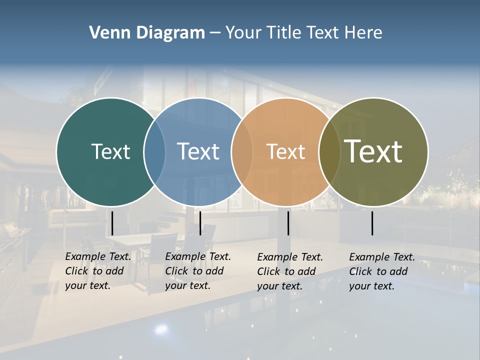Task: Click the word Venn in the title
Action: (x=106, y=33)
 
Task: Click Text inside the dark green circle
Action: (x=110, y=151)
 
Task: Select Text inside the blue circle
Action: (x=198, y=151)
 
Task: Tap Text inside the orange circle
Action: (x=285, y=151)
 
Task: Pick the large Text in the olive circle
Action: (x=373, y=151)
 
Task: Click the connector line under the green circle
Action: (x=112, y=223)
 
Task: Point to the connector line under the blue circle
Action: (x=200, y=223)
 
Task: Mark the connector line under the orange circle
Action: (x=288, y=223)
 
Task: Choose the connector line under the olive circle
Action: (x=372, y=223)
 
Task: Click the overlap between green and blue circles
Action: (x=154, y=151)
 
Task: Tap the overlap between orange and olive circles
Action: (x=329, y=151)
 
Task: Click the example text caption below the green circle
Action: (x=97, y=271)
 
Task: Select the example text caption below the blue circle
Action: (x=197, y=271)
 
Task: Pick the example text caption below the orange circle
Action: (x=289, y=271)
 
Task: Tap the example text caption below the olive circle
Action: (x=381, y=271)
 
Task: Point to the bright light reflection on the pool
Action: (x=161, y=329)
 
